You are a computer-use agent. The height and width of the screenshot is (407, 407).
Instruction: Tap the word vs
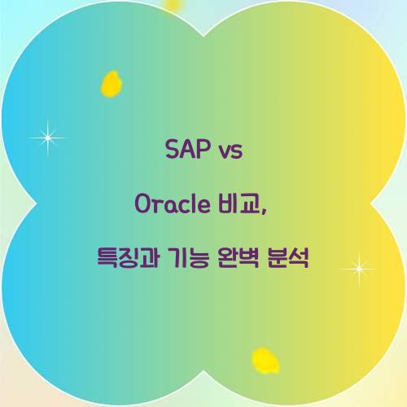230,151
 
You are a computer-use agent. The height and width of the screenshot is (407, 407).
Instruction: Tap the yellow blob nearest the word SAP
112,82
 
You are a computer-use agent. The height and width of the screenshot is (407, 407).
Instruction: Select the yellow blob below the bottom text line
264,360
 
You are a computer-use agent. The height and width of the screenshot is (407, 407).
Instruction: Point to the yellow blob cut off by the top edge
173,4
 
